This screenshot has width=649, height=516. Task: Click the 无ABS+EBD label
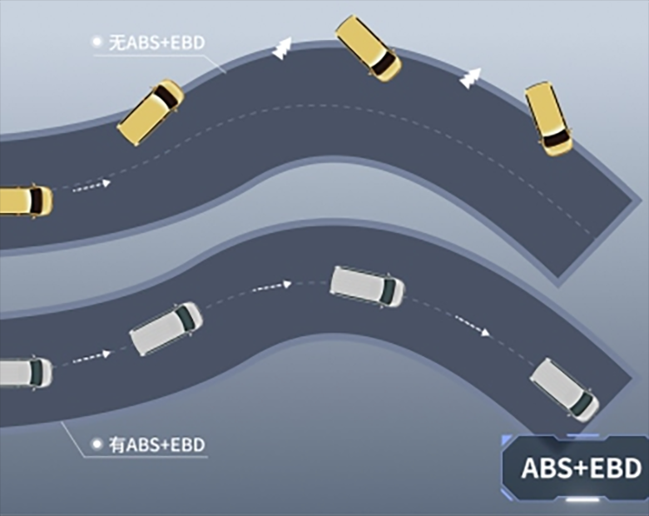click(156, 42)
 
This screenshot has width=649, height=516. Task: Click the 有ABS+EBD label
click(156, 444)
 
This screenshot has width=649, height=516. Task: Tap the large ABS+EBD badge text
click(581, 468)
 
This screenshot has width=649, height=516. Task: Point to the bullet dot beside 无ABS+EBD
click(97, 42)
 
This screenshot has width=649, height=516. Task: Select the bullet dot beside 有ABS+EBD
click(97, 444)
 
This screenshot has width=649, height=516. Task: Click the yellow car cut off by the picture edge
click(26, 201)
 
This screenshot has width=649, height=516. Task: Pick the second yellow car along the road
click(151, 112)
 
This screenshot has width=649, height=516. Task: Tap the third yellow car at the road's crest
click(368, 48)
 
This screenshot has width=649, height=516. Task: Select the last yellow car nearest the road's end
click(549, 119)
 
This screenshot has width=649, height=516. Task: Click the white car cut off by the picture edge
click(26, 373)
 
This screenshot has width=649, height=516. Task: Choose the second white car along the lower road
click(166, 329)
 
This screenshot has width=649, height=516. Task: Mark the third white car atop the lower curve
click(367, 286)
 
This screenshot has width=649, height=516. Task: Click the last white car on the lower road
click(565, 390)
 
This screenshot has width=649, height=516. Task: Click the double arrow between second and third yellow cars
click(282, 49)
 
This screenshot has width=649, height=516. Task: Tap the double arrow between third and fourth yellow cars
click(470, 78)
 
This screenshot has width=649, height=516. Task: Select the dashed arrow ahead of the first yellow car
click(92, 186)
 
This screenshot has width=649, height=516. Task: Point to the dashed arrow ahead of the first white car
click(92, 357)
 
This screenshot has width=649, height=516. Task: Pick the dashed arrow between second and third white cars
click(271, 286)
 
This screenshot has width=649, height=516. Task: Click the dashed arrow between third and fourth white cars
click(473, 326)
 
